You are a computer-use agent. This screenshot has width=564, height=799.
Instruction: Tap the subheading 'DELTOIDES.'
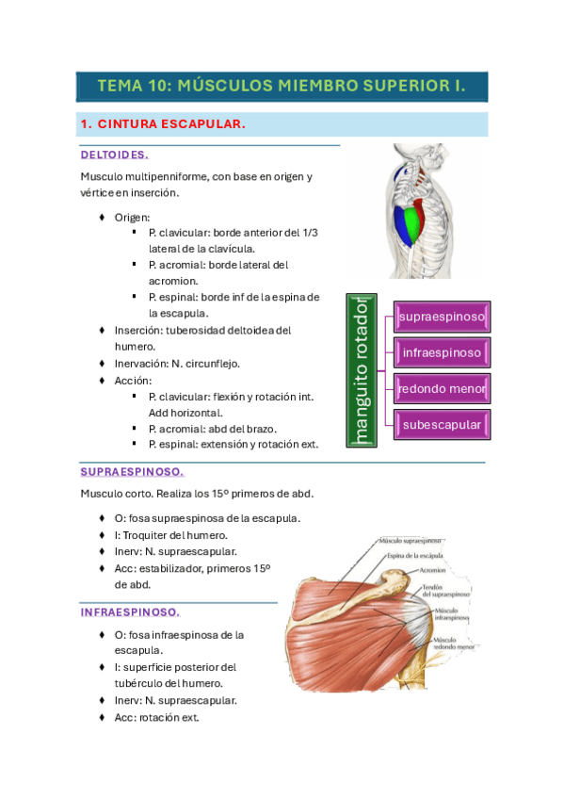(x=115, y=155)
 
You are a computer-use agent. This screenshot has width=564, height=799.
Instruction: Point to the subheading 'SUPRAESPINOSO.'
(x=132, y=471)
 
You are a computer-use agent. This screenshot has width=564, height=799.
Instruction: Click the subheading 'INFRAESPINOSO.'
(x=130, y=611)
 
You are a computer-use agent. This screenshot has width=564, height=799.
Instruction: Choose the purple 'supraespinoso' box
(x=442, y=318)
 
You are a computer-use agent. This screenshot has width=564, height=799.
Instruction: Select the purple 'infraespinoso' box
(x=442, y=353)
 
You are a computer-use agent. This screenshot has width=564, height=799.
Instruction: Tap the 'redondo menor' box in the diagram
(x=442, y=388)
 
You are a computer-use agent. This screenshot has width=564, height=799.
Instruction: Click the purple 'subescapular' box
(x=442, y=425)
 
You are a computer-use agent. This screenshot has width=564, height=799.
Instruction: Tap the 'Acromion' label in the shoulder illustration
(x=434, y=570)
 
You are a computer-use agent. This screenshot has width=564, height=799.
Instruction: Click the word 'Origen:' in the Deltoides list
(x=146, y=218)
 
